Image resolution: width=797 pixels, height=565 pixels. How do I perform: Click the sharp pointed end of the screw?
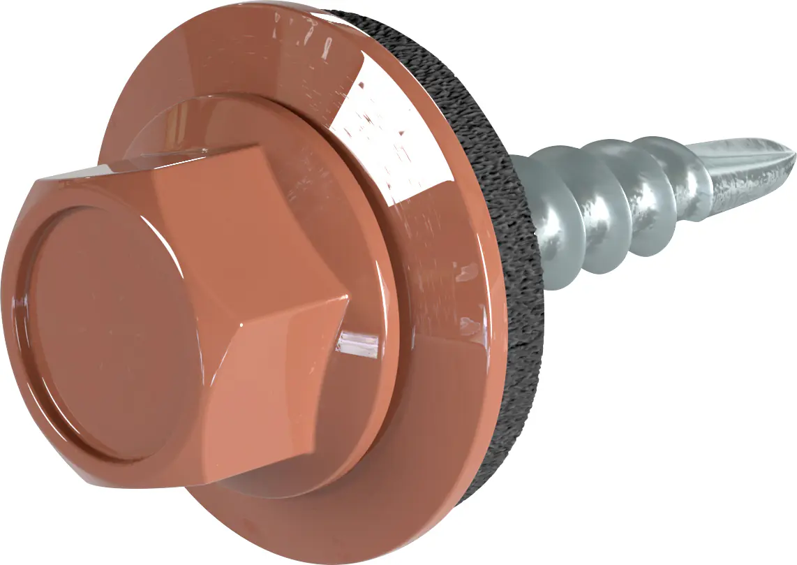793,155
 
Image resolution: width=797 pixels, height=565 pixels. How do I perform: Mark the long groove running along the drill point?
747,157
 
